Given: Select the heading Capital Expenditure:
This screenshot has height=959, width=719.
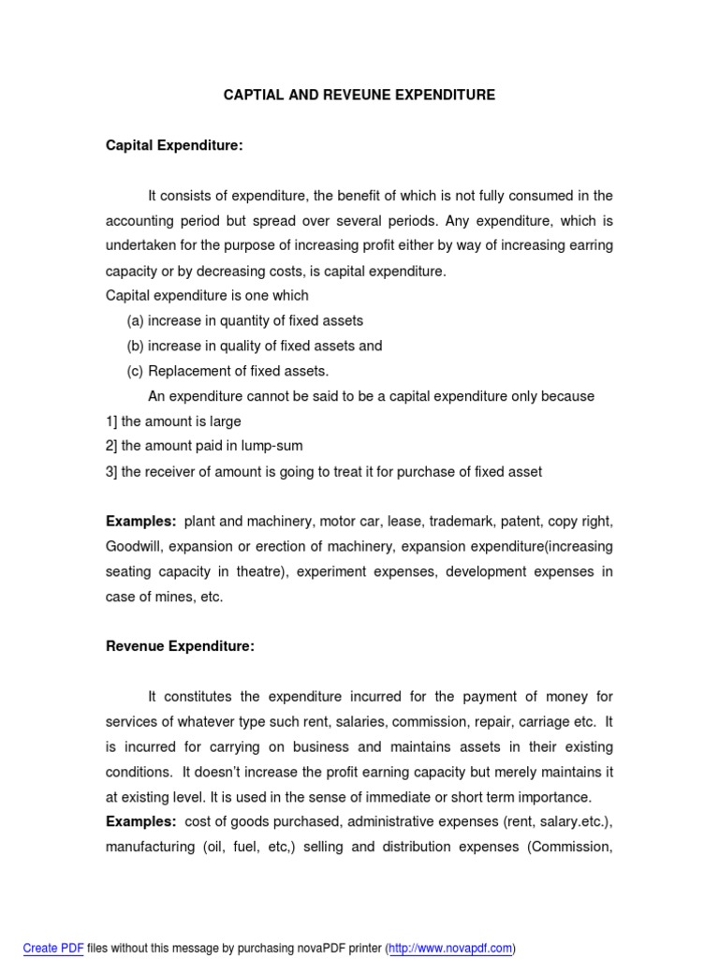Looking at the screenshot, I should click(x=174, y=145).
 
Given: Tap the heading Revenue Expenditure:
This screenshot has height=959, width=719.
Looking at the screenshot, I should click(x=180, y=646).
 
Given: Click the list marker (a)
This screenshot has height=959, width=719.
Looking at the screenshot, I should click(x=136, y=320).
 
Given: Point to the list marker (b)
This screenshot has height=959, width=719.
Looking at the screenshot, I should click(x=136, y=346).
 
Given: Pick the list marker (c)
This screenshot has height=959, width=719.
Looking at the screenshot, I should click(x=136, y=371).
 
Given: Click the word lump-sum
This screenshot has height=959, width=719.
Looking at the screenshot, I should click(x=272, y=447).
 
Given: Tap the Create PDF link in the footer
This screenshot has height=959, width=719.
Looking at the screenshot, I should click(x=52, y=948).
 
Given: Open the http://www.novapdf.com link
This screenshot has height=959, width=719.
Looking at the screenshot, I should click(x=451, y=948).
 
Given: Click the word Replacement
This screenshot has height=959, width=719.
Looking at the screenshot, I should click(x=185, y=371).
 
